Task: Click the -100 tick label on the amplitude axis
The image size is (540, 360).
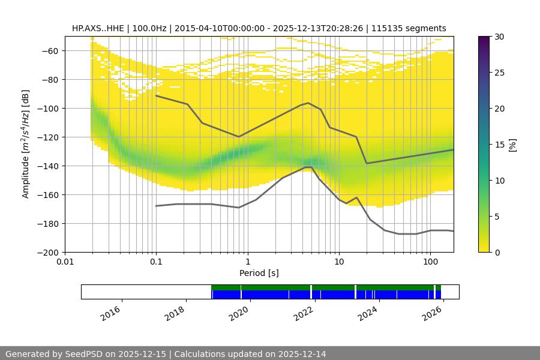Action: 49,109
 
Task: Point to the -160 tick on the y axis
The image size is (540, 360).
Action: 49,195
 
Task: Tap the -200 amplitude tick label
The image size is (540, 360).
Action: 49,253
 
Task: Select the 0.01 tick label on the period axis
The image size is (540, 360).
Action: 65,262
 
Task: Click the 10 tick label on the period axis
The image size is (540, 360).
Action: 339,262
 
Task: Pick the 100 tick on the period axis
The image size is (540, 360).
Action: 430,262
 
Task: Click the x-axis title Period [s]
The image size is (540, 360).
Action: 259,273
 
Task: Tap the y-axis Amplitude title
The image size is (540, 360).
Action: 26,145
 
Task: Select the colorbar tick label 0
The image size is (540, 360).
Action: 498,253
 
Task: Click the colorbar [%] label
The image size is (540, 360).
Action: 512,145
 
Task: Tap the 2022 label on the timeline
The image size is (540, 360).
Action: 304,313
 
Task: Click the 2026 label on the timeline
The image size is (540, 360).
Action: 432,313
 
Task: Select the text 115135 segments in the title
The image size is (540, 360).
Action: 409,28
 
